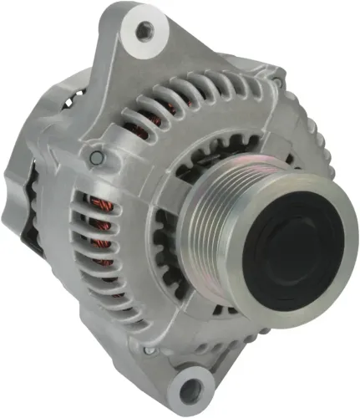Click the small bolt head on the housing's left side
point(97,156)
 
